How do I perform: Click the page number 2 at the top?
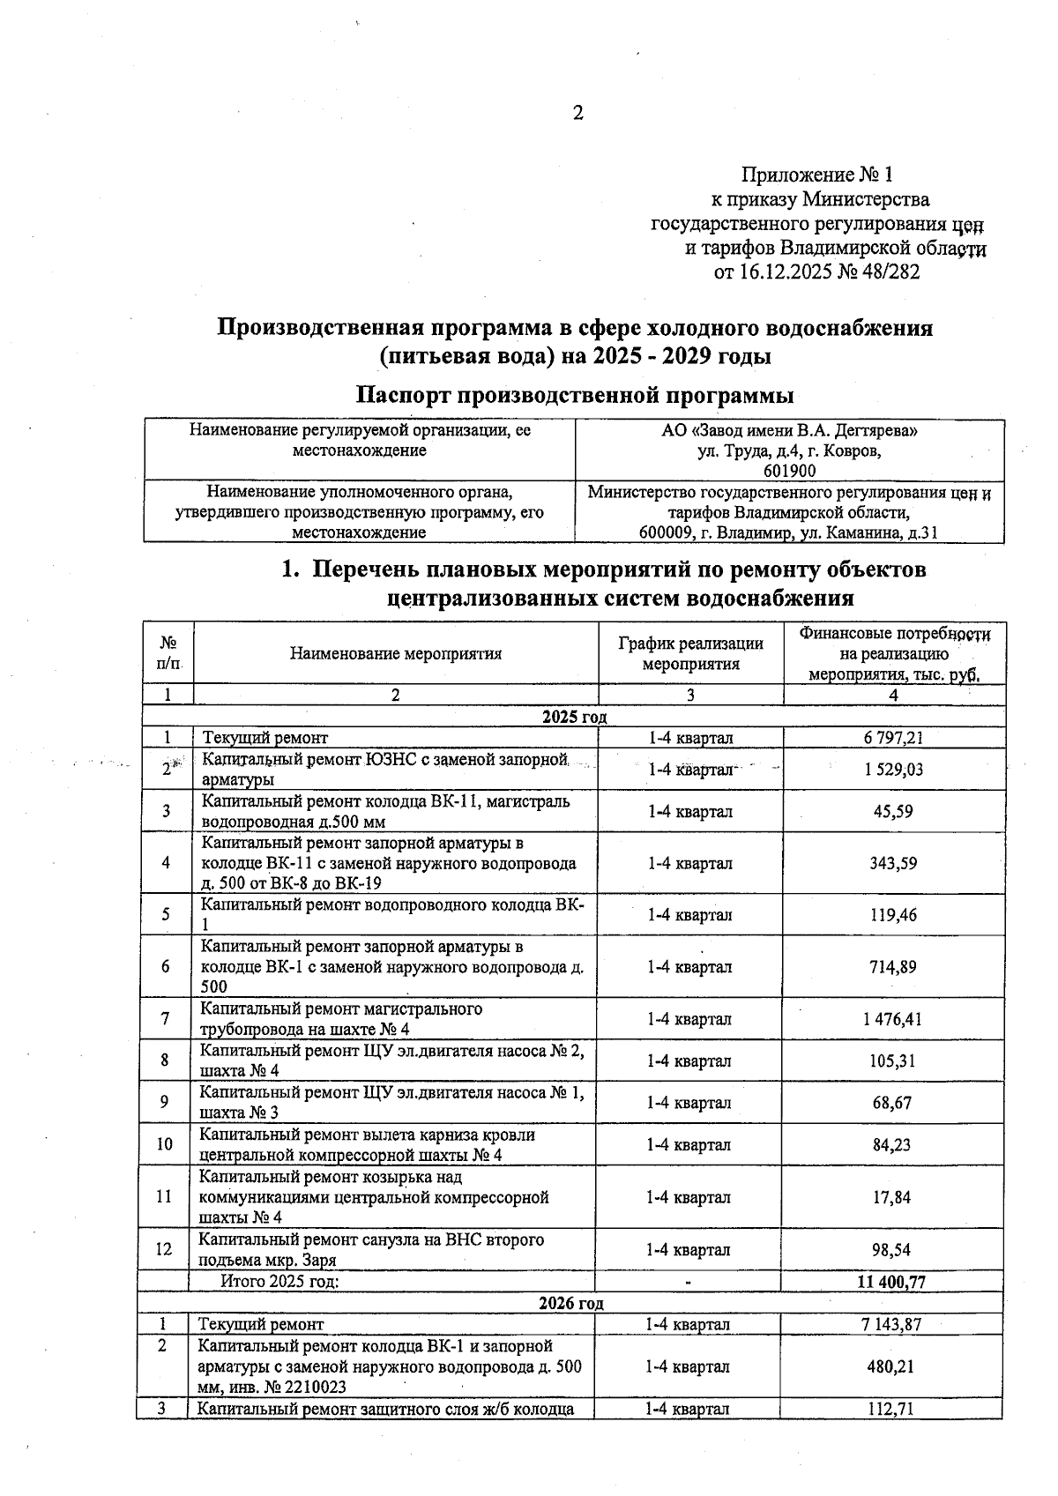(578, 113)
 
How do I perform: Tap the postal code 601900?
(789, 471)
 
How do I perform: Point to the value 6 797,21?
(893, 738)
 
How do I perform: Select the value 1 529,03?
(893, 770)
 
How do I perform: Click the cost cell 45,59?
(893, 811)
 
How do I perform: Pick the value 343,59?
(893, 863)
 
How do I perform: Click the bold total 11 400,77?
(890, 1282)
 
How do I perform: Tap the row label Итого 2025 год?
(279, 1282)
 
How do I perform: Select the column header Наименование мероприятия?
(395, 653)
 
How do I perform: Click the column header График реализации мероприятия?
(690, 653)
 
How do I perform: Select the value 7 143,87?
(891, 1324)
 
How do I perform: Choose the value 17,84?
(892, 1197)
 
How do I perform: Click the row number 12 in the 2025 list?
(165, 1249)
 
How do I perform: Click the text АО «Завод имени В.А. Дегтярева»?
(789, 431)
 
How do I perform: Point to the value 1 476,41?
(892, 1019)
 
